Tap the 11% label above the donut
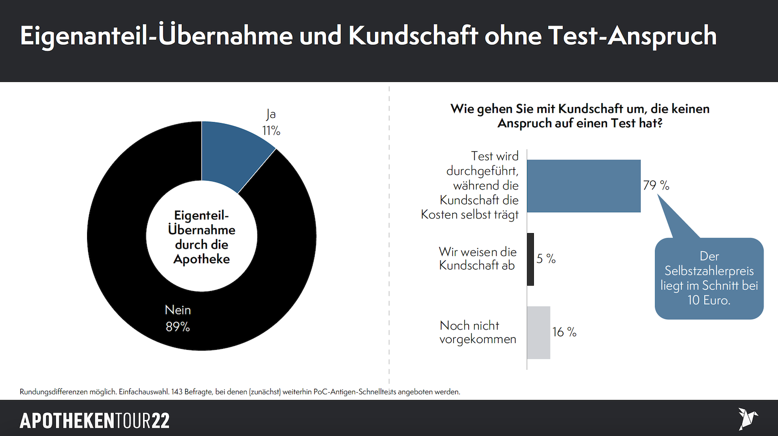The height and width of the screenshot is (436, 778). coord(271,130)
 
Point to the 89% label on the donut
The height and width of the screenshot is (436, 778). coord(177,327)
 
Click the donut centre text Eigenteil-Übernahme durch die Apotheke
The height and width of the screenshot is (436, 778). coord(202,237)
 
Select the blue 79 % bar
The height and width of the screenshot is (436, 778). coord(583,186)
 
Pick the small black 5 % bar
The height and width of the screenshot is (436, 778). coord(530,259)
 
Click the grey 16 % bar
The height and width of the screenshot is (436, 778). coord(539,333)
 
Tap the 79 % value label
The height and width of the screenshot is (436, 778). coord(656,185)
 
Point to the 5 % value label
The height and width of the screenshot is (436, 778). coord(546,259)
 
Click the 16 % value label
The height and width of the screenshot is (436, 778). coord(564,332)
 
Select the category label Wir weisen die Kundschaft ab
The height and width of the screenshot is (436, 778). coord(477,258)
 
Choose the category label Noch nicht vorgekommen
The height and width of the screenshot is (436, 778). coord(477,332)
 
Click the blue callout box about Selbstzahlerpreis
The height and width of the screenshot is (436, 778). coord(709,278)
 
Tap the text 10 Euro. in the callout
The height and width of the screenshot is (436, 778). coord(709,300)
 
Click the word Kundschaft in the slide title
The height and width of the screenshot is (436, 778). coord(413,36)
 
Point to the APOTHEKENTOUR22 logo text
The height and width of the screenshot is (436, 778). coord(95,421)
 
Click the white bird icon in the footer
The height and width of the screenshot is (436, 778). coord(747,418)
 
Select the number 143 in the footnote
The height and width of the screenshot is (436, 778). coord(177,392)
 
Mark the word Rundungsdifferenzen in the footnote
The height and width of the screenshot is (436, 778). coord(53,392)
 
